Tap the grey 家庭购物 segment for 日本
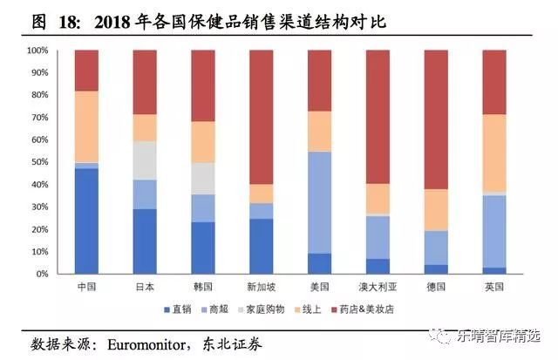(x=145, y=160)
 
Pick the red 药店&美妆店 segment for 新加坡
(x=261, y=117)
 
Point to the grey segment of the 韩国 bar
(x=203, y=178)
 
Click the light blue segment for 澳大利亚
(x=378, y=237)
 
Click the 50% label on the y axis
(x=38, y=162)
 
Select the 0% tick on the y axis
(x=41, y=275)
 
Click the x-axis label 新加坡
(x=261, y=287)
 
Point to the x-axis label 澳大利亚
(x=378, y=287)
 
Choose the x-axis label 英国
(x=494, y=287)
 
